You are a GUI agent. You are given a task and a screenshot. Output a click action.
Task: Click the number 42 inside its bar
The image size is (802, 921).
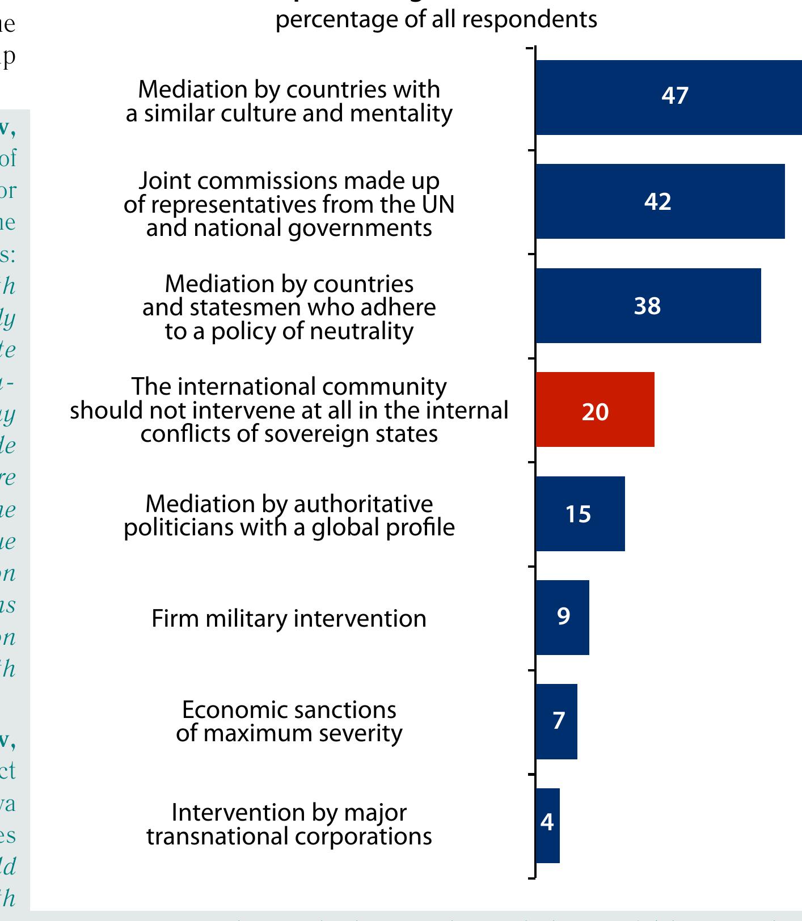click(657, 202)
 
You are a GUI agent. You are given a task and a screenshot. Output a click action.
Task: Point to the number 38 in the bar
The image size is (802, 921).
click(647, 306)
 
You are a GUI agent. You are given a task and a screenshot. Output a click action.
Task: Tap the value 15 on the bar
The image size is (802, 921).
click(578, 514)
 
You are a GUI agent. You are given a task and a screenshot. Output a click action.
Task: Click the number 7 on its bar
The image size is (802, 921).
click(559, 721)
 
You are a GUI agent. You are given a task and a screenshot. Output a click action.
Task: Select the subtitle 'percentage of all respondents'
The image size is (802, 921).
click(436, 20)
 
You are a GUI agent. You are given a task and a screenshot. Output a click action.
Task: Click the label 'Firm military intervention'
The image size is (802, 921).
click(289, 619)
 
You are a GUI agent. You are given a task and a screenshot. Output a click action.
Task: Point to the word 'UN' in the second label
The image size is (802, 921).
click(438, 205)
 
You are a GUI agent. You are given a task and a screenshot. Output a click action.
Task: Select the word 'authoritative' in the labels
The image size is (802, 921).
click(363, 504)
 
